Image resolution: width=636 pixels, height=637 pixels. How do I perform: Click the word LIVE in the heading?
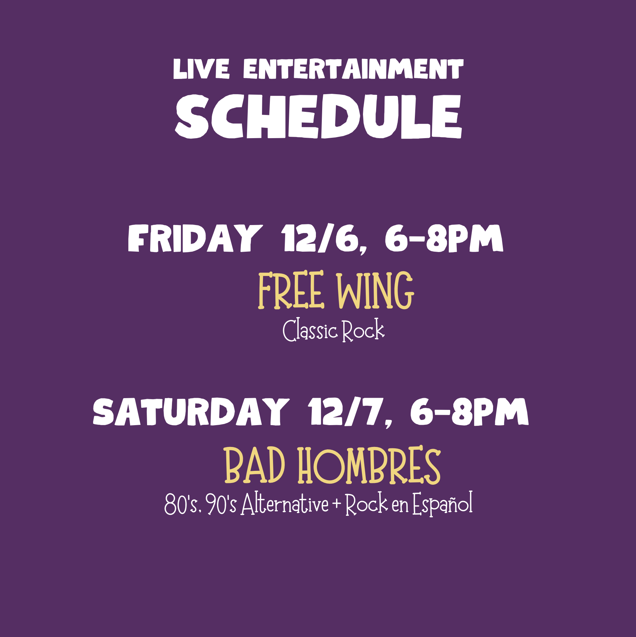coord(201,69)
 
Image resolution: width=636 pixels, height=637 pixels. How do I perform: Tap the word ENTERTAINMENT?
coord(353,69)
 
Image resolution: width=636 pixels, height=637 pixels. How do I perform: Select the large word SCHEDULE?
coord(319,117)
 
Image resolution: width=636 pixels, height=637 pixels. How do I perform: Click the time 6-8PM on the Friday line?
coord(444,238)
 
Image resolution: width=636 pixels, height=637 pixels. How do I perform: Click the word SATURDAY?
coord(191,412)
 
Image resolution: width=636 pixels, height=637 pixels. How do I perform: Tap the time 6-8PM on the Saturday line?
coord(470,412)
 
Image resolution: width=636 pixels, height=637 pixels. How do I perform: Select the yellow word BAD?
coord(255,465)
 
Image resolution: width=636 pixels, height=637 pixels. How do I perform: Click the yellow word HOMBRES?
coord(369,465)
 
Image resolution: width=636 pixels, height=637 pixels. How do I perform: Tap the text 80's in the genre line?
coord(183,504)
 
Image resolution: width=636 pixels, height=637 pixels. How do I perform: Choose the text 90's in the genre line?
coord(222,504)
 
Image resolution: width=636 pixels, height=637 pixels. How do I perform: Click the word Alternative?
coord(285,503)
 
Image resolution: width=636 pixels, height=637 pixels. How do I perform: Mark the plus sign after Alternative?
coord(337,504)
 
